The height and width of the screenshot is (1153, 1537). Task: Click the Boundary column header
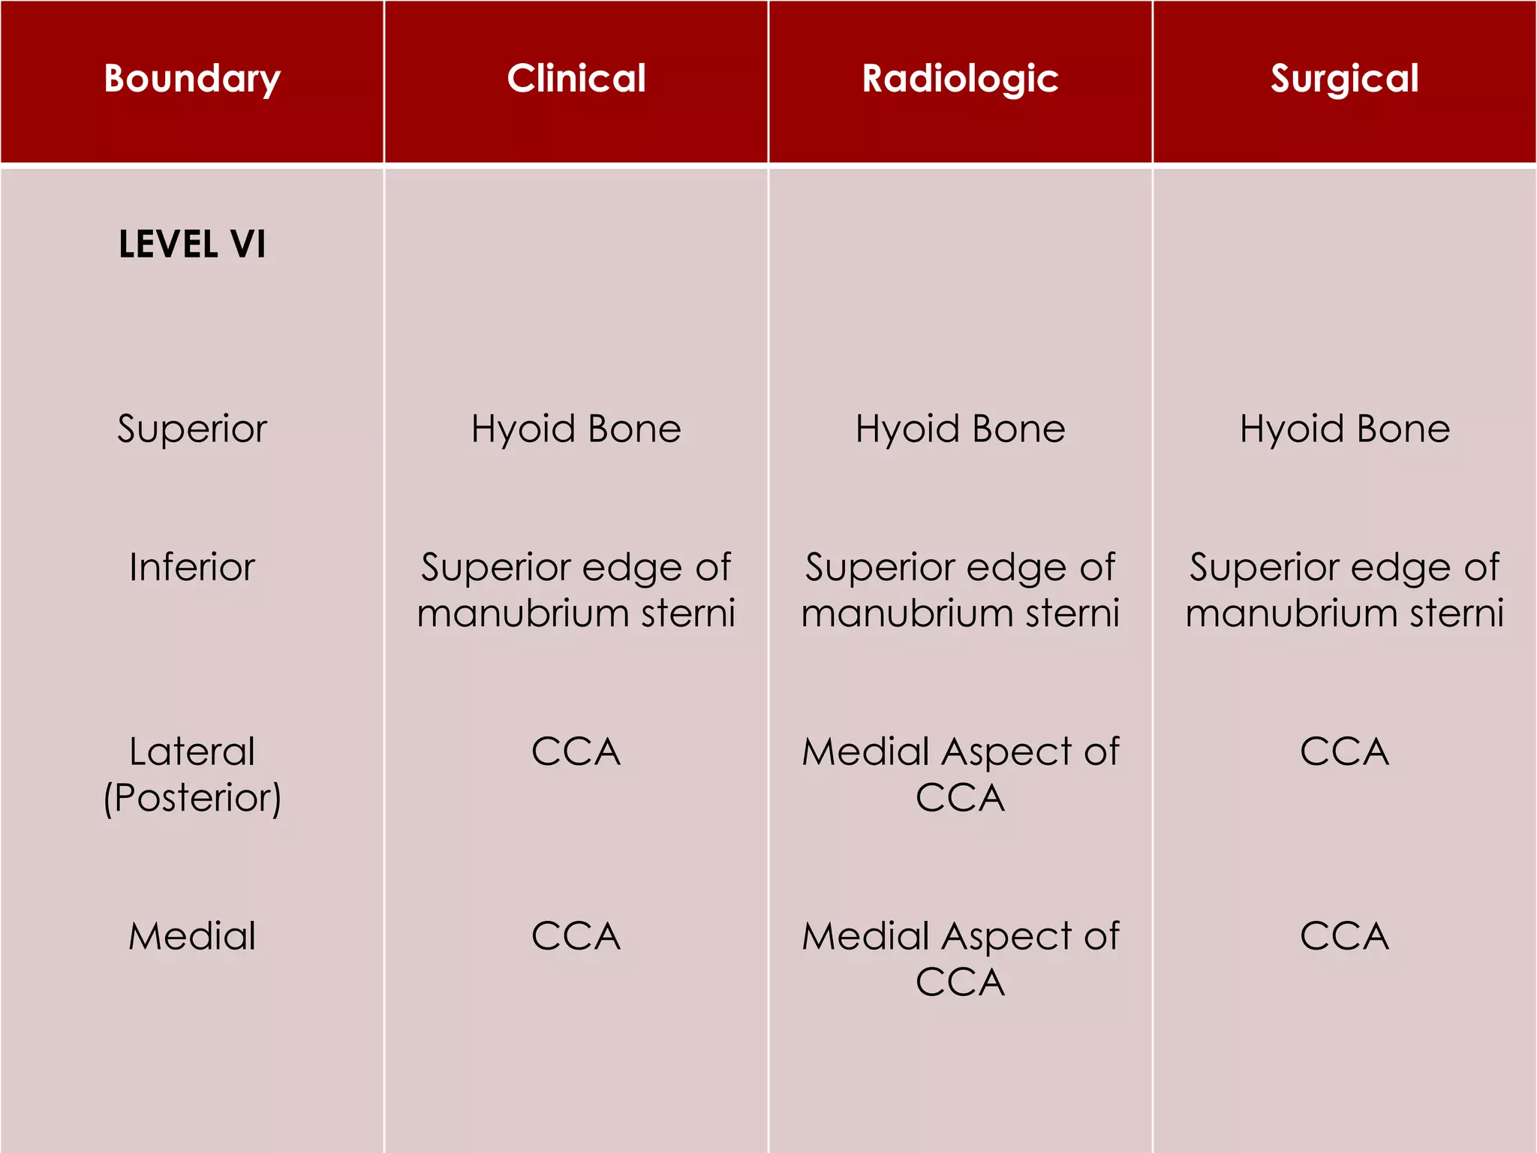[192, 78]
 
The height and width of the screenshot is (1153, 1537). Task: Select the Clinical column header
[576, 78]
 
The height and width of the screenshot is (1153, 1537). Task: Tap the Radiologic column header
[960, 78]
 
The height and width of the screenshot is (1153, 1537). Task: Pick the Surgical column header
[1344, 78]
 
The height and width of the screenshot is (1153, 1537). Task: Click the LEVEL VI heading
[192, 244]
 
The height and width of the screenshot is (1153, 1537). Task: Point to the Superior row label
[192, 429]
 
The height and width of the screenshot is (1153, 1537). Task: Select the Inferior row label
[192, 567]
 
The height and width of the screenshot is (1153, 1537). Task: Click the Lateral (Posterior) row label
[192, 774]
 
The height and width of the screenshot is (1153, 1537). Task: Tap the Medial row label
[192, 936]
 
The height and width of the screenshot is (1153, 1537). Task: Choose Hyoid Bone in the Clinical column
[576, 429]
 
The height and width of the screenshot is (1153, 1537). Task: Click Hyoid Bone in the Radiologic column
[960, 429]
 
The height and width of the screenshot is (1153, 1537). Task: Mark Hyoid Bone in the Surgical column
[1344, 429]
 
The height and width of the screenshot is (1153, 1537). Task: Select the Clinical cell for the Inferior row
[576, 590]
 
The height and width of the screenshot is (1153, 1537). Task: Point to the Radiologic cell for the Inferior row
[960, 590]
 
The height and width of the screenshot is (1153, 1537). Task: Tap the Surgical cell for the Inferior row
[1344, 590]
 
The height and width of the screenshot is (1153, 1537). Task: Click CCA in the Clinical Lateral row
[576, 751]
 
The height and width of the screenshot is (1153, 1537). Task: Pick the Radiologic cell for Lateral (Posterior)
[960, 774]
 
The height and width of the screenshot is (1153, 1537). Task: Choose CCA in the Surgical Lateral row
[1344, 751]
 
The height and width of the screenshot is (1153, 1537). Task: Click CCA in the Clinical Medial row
[576, 936]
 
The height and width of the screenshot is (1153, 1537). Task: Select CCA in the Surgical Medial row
[1344, 936]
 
